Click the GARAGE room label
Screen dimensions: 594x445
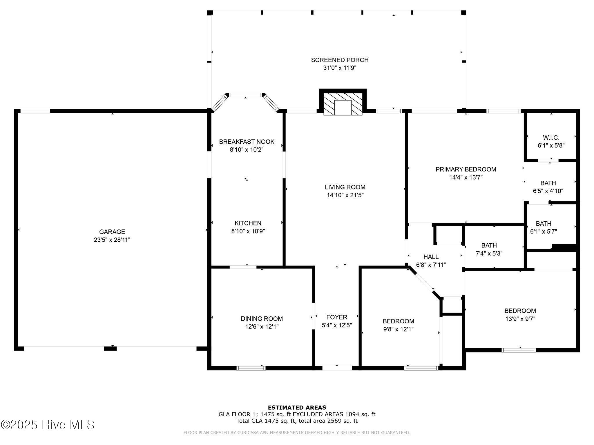(x=112, y=232)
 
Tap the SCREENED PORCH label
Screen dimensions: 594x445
(x=340, y=60)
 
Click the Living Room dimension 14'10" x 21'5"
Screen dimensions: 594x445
(x=345, y=195)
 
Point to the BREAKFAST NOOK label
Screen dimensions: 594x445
(x=247, y=142)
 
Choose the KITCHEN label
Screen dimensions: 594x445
(x=248, y=223)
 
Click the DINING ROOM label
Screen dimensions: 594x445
(x=262, y=319)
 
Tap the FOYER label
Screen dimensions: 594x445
(x=337, y=317)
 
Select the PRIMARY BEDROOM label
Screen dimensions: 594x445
(x=466, y=169)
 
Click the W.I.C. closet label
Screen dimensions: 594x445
(x=551, y=138)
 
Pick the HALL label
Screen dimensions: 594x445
(x=431, y=257)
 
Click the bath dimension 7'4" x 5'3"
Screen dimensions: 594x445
(x=489, y=253)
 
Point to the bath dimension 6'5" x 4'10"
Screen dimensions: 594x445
(x=548, y=191)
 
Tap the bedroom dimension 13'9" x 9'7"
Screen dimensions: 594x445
(x=520, y=319)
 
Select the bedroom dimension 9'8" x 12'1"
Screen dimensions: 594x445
(x=398, y=329)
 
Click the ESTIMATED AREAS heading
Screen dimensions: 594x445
(x=297, y=408)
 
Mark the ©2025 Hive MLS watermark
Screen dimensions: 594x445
(x=48, y=425)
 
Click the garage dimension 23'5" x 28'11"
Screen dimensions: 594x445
(x=112, y=240)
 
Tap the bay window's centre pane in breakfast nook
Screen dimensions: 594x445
(x=245, y=95)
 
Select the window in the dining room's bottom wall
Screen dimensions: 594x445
(x=251, y=368)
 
